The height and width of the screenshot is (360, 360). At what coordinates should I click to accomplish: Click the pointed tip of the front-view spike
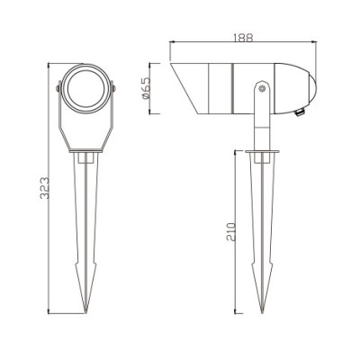[87, 314]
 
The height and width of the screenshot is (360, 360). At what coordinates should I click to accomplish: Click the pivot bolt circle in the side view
[260, 89]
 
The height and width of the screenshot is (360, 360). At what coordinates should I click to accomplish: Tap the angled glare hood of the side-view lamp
[186, 90]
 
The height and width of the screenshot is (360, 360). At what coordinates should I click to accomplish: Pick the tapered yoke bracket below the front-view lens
[87, 130]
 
